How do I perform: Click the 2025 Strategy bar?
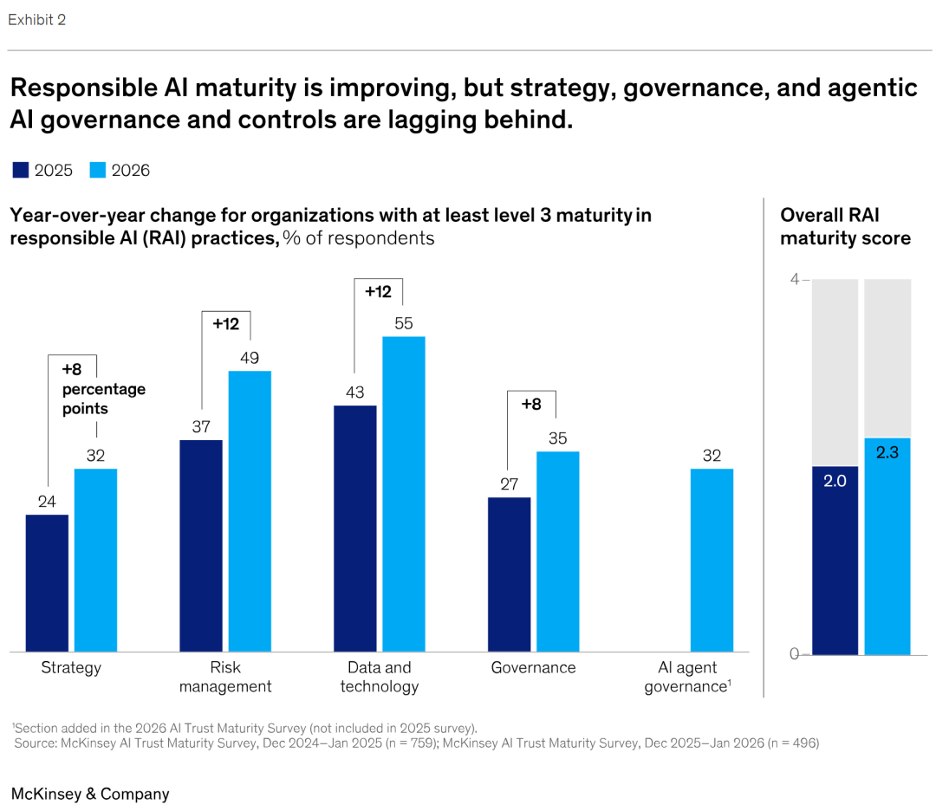tap(47, 583)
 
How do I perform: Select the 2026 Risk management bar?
tap(250, 511)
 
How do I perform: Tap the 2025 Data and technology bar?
tap(355, 529)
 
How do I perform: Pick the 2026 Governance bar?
tap(558, 551)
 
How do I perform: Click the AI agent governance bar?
tap(712, 560)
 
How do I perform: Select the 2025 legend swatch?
tap(21, 170)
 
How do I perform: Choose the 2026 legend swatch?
tap(97, 170)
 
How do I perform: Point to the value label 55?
tap(404, 323)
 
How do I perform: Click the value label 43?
tap(355, 393)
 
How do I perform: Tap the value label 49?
tap(250, 358)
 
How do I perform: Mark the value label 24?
tap(47, 502)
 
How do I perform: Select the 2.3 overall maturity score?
tap(887, 452)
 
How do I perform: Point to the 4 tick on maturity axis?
tap(795, 279)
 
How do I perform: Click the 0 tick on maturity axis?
tap(795, 654)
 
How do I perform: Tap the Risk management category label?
tap(226, 677)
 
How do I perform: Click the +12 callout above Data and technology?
tap(378, 292)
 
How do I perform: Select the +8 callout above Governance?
tap(531, 404)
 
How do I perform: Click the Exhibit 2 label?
tap(37, 19)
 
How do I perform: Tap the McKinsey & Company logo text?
tap(90, 794)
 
